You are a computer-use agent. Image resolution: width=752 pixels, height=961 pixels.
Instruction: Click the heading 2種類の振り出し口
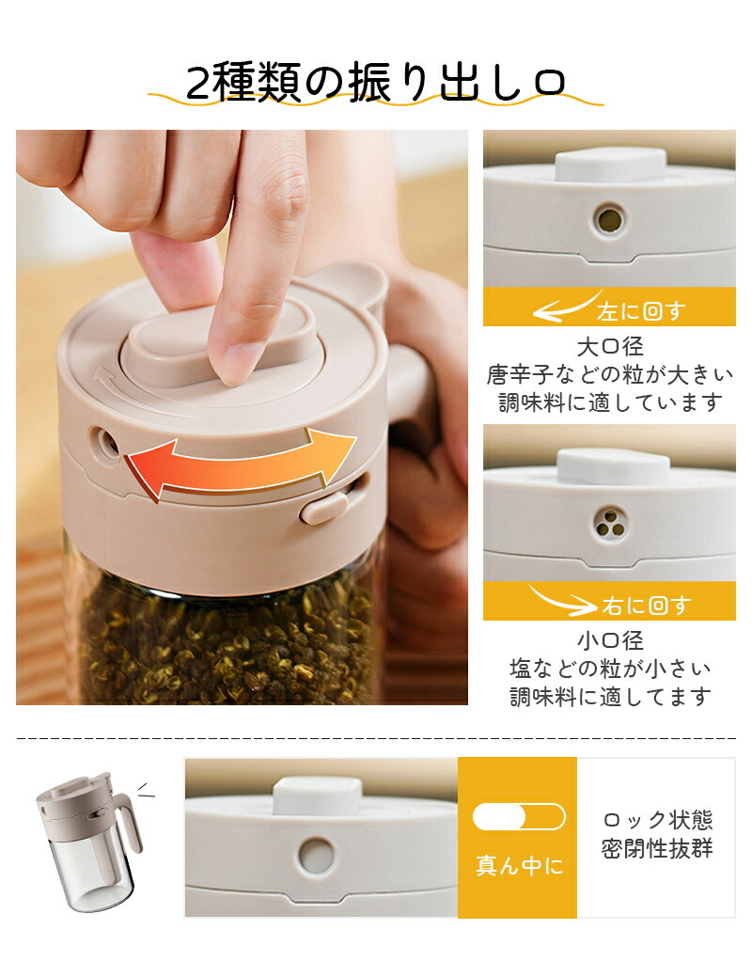[x=375, y=82]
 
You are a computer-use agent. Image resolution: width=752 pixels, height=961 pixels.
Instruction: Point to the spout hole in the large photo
[x=104, y=442]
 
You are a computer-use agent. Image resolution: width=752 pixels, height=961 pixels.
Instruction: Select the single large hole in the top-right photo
[x=609, y=219]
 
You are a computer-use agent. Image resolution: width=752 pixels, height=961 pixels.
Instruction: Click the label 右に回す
[x=647, y=606]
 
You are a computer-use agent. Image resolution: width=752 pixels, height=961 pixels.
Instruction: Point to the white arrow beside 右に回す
[x=561, y=602]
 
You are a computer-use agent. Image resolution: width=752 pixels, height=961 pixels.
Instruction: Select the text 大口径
[x=610, y=347]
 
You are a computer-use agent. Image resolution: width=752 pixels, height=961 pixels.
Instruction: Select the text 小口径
[x=610, y=641]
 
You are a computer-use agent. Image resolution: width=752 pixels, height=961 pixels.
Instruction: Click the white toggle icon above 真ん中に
[x=519, y=816]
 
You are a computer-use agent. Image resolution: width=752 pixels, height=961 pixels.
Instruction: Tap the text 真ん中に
[x=519, y=866]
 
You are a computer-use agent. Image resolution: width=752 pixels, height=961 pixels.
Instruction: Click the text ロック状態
[x=658, y=819]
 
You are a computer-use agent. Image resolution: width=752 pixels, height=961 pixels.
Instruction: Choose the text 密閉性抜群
[x=657, y=849]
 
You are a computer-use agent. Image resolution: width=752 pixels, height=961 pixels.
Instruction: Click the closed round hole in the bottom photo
[x=317, y=856]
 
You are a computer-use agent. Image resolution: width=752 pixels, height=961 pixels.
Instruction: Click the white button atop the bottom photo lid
[x=317, y=796]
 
